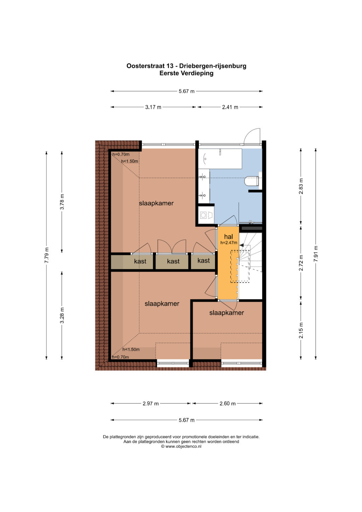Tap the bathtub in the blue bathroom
(x=220, y=159)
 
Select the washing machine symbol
(x=206, y=215)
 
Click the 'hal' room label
(x=228, y=237)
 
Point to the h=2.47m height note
(x=229, y=243)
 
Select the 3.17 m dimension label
(x=153, y=107)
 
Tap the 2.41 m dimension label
(x=230, y=107)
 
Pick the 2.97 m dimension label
(x=150, y=403)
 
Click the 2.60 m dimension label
(x=228, y=403)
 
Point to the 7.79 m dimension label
(x=46, y=255)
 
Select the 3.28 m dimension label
(x=62, y=316)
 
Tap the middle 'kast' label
(x=173, y=261)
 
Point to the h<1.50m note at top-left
(x=130, y=161)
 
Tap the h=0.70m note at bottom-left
(x=120, y=357)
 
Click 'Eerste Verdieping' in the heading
(x=186, y=73)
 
